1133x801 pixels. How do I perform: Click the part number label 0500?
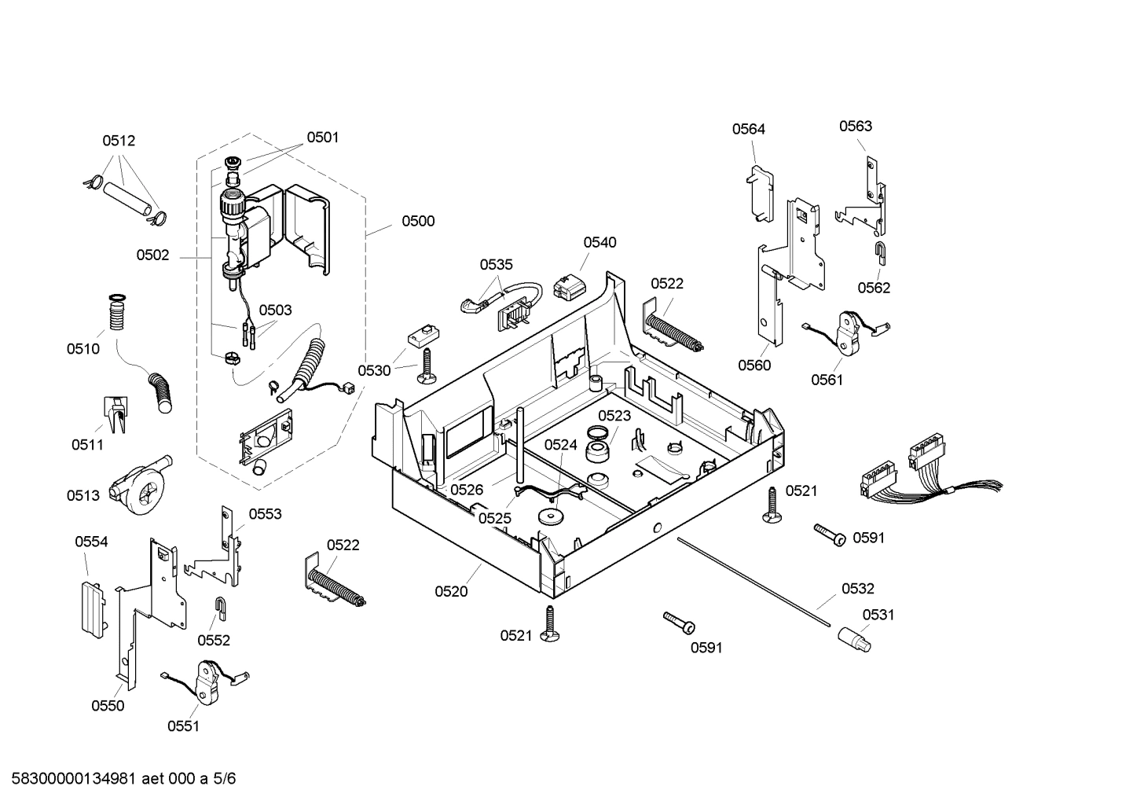pos(418,222)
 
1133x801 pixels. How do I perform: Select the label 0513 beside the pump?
pos(83,495)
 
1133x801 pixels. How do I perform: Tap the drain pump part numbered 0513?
pos(139,487)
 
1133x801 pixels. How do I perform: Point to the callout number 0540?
pos(599,243)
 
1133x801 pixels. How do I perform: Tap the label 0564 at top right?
pos(748,129)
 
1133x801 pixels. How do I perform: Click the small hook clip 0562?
pos(881,252)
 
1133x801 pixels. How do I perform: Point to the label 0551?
pos(183,726)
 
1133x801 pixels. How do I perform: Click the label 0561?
pos(827,380)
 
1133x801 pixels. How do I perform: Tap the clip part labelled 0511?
pos(115,413)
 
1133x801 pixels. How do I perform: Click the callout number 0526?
pos(467,490)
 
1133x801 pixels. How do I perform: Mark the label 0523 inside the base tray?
pos(614,416)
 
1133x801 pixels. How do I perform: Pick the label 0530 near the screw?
pos(374,371)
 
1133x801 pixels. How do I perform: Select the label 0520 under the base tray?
pos(451,591)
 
